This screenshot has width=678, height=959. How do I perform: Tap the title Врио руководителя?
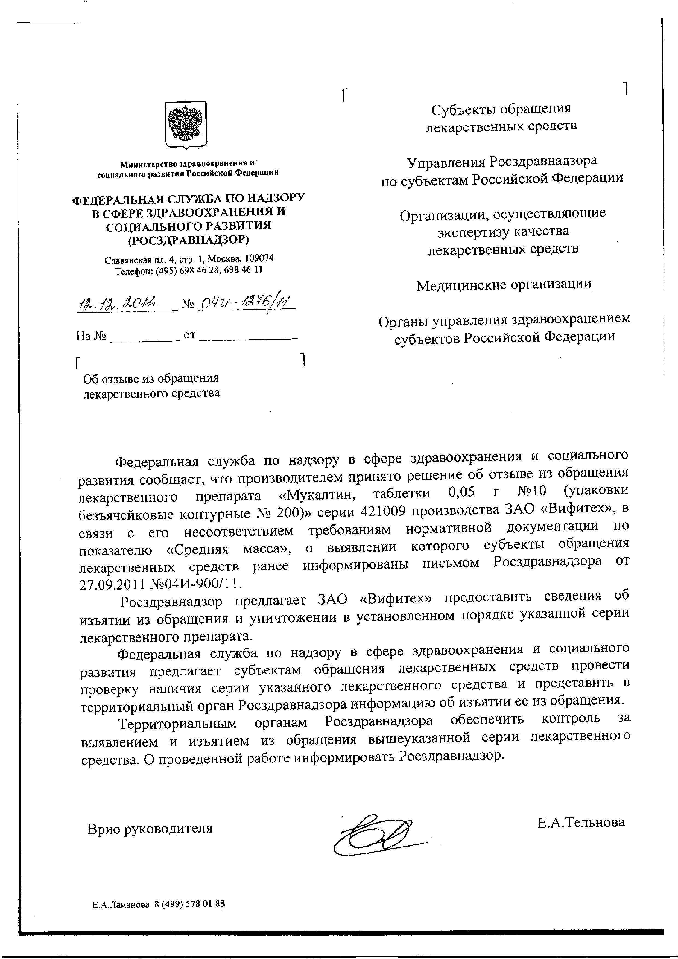pyautogui.click(x=150, y=829)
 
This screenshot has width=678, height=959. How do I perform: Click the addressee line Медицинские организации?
pyautogui.click(x=504, y=285)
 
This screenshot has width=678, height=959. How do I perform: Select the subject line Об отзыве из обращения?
pyautogui.click(x=151, y=379)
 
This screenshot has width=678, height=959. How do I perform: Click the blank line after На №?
pyautogui.click(x=144, y=337)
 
